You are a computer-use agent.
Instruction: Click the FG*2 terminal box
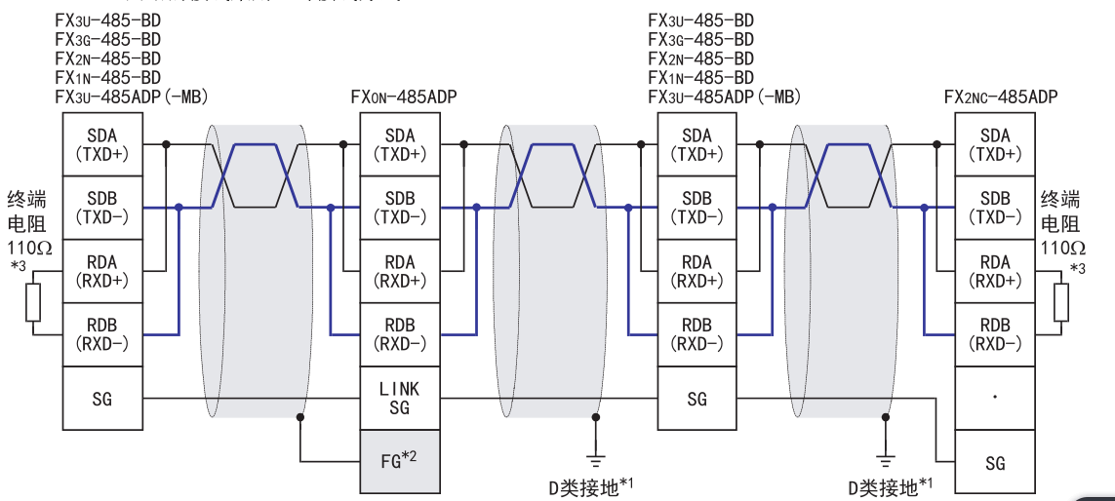[400, 461]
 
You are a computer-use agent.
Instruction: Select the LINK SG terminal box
[400, 398]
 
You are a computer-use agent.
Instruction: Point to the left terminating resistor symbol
[34, 302]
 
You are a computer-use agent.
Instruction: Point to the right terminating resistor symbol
[1061, 302]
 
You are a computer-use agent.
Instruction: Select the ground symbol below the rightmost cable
[885, 454]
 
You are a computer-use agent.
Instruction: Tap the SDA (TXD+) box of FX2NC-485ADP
[995, 144]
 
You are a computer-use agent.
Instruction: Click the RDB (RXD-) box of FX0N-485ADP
[400, 334]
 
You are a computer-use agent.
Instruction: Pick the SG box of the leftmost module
[101, 398]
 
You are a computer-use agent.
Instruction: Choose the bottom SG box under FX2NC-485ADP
[995, 462]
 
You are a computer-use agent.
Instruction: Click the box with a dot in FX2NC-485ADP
[995, 398]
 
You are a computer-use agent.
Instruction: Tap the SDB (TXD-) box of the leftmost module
[101, 208]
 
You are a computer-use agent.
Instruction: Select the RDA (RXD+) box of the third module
[697, 271]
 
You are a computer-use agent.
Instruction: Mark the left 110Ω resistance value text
[26, 248]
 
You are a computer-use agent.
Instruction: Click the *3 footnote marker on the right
[1077, 268]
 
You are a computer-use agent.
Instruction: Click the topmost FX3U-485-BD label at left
[108, 20]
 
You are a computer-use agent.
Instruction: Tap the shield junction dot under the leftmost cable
[300, 418]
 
